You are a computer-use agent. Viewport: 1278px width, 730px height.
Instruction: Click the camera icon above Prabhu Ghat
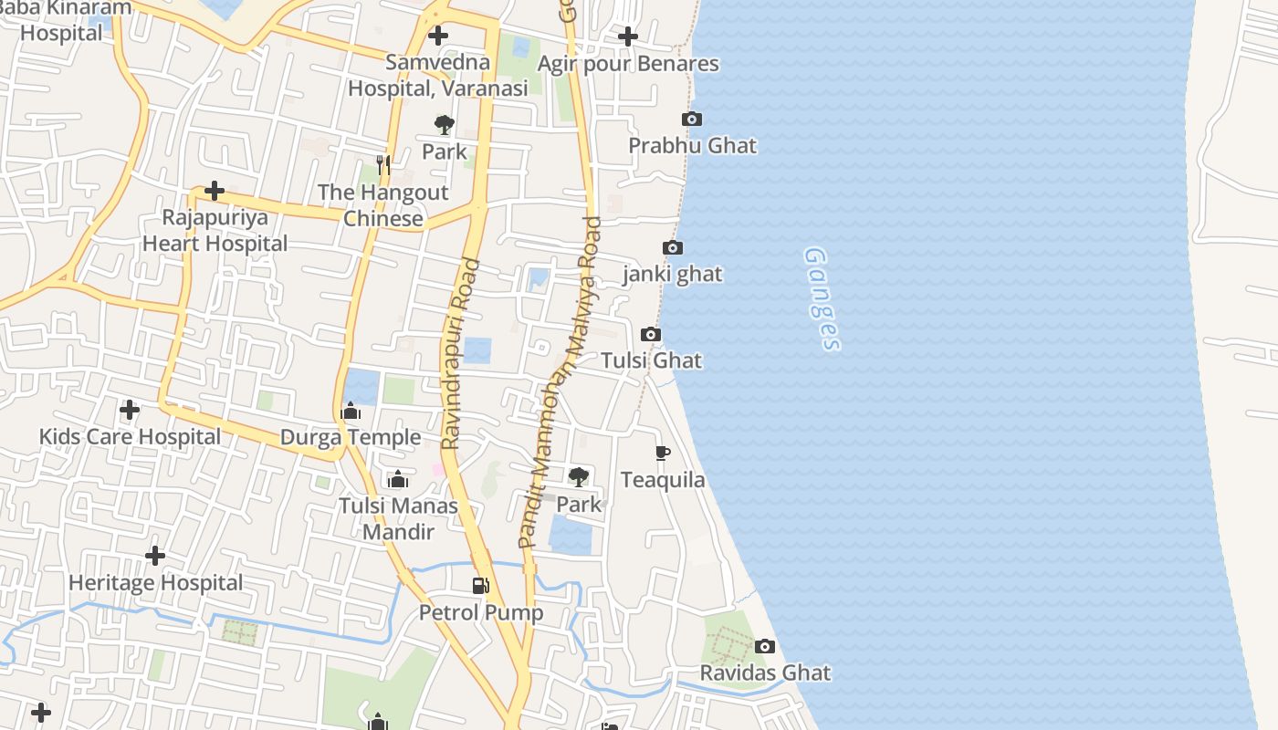click(x=692, y=120)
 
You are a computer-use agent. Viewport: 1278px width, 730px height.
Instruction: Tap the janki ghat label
click(x=673, y=274)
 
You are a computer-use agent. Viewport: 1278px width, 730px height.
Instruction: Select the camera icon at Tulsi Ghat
click(x=651, y=335)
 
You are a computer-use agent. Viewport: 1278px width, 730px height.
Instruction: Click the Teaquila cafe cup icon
click(x=663, y=453)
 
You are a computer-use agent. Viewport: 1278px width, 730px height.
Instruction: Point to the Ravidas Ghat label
click(x=765, y=673)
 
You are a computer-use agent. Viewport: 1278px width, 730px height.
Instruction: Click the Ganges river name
click(x=822, y=299)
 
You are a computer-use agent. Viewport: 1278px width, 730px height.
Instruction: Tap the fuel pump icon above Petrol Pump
click(x=480, y=586)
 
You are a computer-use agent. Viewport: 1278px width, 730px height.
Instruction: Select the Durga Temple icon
click(x=351, y=412)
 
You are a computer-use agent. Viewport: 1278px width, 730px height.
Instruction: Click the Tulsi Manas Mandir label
click(x=398, y=518)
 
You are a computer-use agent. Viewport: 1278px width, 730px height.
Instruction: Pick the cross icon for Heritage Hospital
click(x=155, y=555)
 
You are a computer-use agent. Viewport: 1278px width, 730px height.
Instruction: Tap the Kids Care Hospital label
click(x=130, y=437)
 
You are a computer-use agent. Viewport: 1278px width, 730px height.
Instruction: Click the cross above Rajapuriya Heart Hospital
click(x=215, y=191)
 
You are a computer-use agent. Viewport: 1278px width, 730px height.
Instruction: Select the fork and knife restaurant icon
click(x=383, y=165)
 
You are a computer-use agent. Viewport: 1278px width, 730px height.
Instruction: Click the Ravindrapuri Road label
click(x=460, y=354)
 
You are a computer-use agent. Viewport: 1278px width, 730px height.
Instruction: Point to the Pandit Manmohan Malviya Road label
click(x=559, y=383)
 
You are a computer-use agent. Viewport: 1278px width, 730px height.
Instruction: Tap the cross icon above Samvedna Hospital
click(x=438, y=36)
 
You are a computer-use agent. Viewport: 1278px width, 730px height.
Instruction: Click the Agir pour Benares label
click(x=628, y=64)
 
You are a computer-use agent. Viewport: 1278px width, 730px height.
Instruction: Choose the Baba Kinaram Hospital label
click(x=64, y=20)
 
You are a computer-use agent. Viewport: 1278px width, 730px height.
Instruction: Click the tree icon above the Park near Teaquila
click(x=578, y=476)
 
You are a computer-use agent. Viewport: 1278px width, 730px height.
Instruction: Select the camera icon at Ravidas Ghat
click(x=765, y=647)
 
